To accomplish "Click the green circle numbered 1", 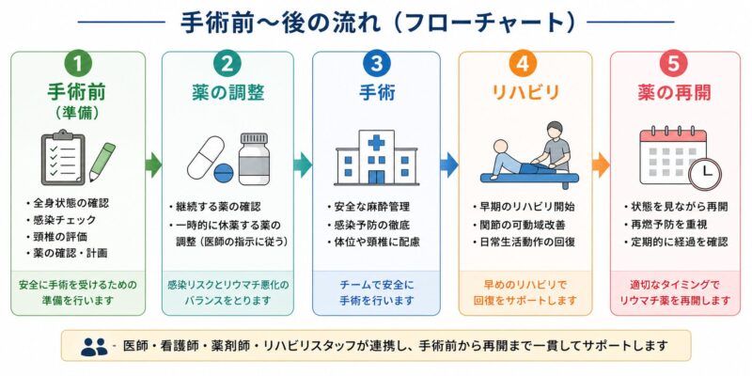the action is pyautogui.click(x=77, y=66).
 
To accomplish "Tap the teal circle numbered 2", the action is pyautogui.click(x=227, y=66).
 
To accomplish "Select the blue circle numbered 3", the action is pyautogui.click(x=377, y=66).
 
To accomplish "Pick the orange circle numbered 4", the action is pyautogui.click(x=525, y=66).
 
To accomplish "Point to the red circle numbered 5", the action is pyautogui.click(x=674, y=66).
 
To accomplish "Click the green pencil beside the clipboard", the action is pyautogui.click(x=102, y=162).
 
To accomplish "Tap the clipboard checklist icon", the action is pyautogui.click(x=63, y=158).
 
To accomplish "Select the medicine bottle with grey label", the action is pyautogui.click(x=254, y=159).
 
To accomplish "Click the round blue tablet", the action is pyautogui.click(x=224, y=173).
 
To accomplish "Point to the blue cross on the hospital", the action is pyautogui.click(x=377, y=143).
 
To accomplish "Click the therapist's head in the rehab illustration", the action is pyautogui.click(x=555, y=130).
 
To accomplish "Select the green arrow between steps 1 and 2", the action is pyautogui.click(x=153, y=165).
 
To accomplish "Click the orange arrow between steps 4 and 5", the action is pyautogui.click(x=601, y=165).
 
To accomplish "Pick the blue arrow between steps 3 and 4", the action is pyautogui.click(x=449, y=165).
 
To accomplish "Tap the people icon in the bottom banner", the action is pyautogui.click(x=94, y=347).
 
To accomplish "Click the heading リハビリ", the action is pyautogui.click(x=525, y=93).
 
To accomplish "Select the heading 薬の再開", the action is pyautogui.click(x=674, y=93).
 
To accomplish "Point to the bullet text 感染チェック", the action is pyautogui.click(x=65, y=220).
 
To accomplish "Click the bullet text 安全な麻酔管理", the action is pyautogui.click(x=371, y=207).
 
